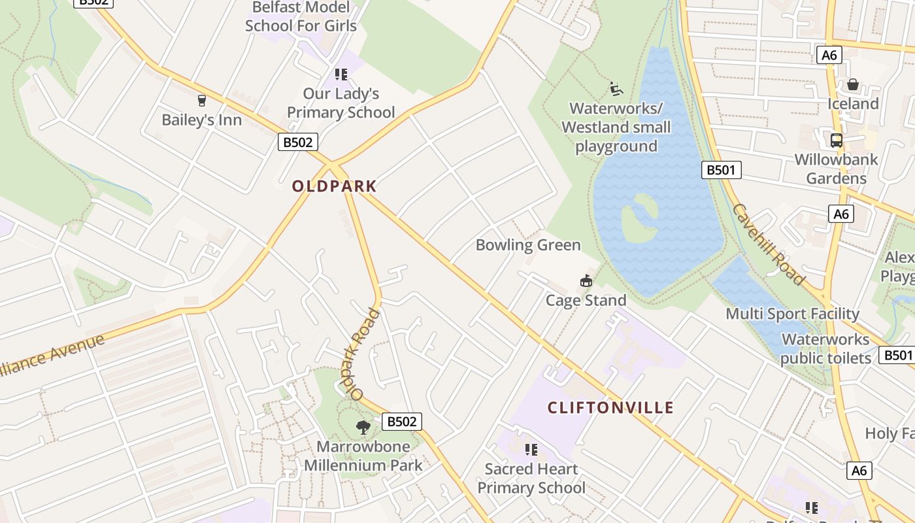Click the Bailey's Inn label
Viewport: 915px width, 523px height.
201,120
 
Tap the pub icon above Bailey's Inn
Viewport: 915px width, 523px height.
201,101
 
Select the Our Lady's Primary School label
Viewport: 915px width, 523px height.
341,103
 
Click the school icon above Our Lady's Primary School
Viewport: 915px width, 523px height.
341,75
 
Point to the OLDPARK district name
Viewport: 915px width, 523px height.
334,186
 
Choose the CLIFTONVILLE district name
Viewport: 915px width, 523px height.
610,408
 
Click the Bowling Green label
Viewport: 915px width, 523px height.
528,245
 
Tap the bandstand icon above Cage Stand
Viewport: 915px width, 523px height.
586,281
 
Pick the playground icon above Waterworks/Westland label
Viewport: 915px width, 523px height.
616,88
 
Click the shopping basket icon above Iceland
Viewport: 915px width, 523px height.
853,84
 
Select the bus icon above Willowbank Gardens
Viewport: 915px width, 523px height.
836,140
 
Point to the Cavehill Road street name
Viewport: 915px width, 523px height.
768,245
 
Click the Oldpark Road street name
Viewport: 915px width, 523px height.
365,354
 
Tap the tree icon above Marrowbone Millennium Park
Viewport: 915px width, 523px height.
363,428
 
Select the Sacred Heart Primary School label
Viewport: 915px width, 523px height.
531,479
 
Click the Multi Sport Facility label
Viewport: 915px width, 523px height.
792,314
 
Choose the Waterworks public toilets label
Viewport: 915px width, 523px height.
825,348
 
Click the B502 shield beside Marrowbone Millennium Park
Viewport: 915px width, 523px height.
401,422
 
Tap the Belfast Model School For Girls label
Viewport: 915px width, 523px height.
301,17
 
